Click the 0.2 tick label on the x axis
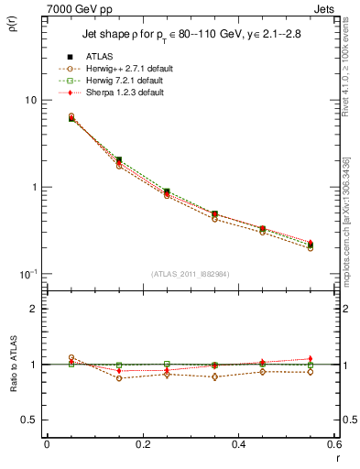142,444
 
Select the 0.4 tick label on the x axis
238,444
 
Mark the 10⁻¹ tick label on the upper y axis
29,274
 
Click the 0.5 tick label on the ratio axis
31,420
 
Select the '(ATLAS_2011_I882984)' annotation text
191,275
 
